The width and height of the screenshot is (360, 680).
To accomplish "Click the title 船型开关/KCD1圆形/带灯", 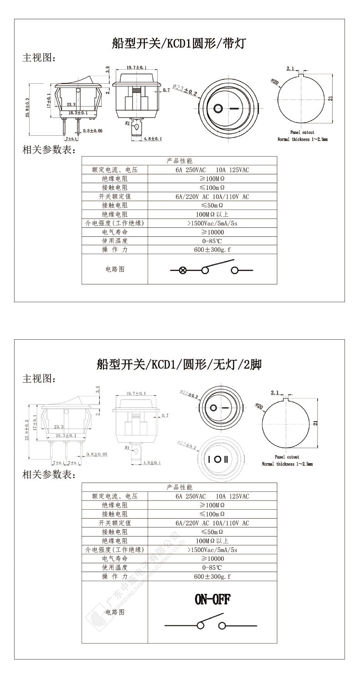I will click(179, 44).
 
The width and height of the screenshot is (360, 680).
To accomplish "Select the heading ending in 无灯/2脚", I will click(179, 364).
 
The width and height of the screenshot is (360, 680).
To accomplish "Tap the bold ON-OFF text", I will click(212, 599).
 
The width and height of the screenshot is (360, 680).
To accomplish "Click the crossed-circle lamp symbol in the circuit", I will click(183, 270).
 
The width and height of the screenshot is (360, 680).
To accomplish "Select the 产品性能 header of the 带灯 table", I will click(179, 161).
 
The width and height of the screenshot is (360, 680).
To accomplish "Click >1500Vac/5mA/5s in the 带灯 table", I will click(212, 223).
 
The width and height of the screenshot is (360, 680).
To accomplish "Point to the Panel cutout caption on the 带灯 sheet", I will click(302, 133).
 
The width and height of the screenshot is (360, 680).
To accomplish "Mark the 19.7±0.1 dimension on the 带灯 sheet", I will click(136, 67).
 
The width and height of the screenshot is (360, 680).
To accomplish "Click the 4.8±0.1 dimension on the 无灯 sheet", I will click(153, 463).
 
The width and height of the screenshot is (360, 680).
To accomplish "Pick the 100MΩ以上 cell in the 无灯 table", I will click(212, 541).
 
